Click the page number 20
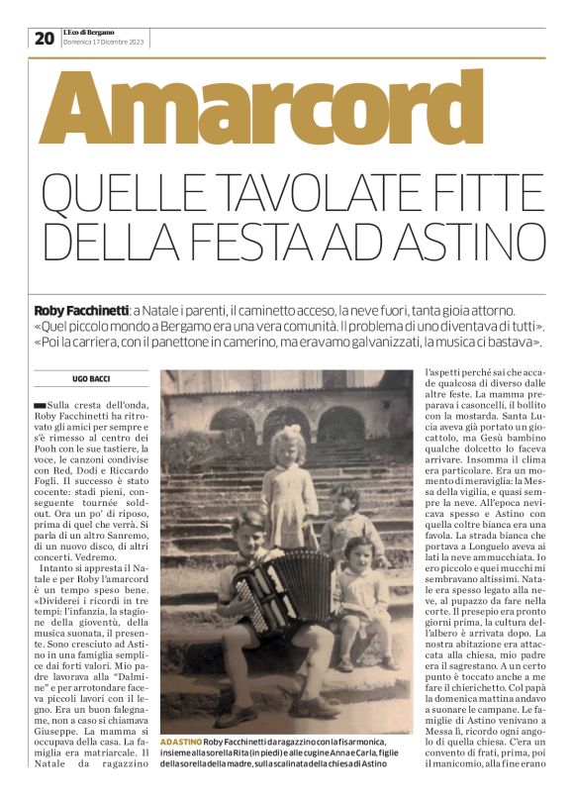44,39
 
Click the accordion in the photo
270,590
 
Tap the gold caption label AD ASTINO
180,742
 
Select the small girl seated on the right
360,594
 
